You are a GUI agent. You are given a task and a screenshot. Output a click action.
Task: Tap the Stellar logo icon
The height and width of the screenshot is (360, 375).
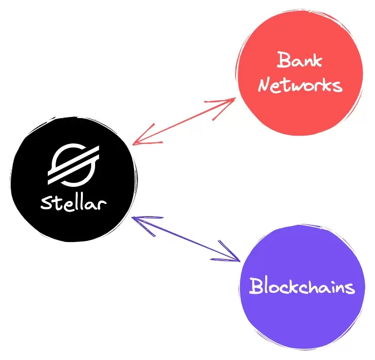coord(73,164)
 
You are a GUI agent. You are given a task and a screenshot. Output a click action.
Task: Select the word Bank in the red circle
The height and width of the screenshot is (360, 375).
coord(299,60)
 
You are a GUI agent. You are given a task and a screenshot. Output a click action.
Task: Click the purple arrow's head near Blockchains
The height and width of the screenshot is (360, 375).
coord(236,258)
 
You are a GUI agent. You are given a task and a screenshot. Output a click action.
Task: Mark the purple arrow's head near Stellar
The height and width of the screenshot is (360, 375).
coord(137,220)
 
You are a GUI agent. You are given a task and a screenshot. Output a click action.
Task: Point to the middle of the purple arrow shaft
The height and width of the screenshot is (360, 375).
coord(187,239)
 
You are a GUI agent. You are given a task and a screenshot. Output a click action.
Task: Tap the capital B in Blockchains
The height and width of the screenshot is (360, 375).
coord(256,286)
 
